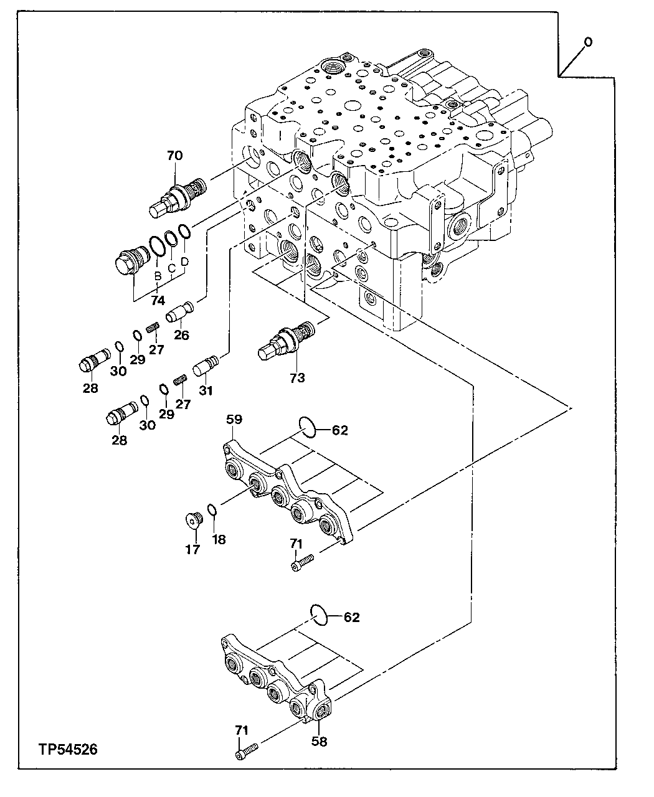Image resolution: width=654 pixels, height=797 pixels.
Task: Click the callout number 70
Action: (x=174, y=156)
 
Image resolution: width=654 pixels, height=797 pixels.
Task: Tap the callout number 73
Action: (x=298, y=377)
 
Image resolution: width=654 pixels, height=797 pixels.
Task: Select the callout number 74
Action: (x=158, y=300)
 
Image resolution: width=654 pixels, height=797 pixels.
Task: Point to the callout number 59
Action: (x=234, y=420)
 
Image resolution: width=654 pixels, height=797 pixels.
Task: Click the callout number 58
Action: (x=320, y=741)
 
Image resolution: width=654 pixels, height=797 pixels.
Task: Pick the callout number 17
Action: (x=192, y=549)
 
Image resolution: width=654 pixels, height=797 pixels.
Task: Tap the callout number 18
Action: (x=219, y=539)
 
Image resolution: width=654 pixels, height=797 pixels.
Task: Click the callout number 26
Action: (x=181, y=335)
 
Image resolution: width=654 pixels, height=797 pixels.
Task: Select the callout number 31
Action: (x=206, y=390)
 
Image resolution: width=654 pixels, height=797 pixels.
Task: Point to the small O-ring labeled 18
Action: (x=212, y=511)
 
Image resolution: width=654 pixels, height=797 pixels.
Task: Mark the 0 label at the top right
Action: (x=587, y=42)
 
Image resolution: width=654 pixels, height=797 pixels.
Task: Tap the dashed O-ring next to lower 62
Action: (x=319, y=615)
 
